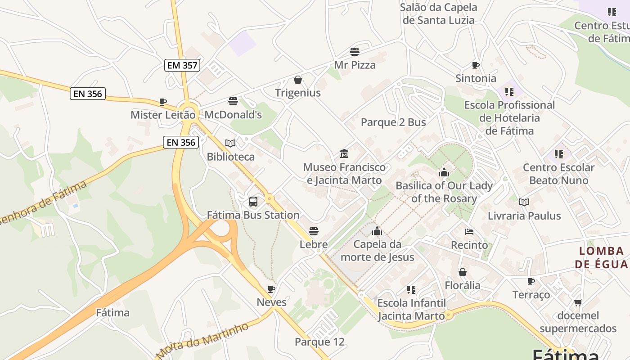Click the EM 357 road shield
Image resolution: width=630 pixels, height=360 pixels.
[182, 65]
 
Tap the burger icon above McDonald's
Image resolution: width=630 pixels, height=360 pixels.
[233, 101]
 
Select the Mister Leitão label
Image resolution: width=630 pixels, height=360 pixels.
[163, 115]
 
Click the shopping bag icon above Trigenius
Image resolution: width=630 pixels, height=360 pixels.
[297, 80]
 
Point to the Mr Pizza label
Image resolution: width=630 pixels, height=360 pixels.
[355, 65]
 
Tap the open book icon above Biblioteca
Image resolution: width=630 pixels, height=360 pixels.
[230, 143]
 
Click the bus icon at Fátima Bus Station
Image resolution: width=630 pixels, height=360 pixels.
[253, 201]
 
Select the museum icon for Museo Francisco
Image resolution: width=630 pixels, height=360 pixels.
[344, 154]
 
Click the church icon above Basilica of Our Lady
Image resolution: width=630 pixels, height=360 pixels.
[444, 172]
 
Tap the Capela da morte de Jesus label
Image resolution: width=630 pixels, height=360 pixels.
[377, 251]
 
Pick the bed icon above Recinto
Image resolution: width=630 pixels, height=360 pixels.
[469, 232]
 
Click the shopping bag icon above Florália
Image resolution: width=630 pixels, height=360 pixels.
[462, 272]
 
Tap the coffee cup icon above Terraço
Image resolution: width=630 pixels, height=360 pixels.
[531, 282]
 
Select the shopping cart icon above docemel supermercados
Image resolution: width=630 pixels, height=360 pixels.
[578, 302]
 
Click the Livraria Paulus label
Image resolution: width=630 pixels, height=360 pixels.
[524, 216]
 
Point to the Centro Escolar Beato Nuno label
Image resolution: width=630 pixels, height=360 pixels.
[558, 174]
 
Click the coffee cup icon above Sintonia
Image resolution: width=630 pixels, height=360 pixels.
[476, 65]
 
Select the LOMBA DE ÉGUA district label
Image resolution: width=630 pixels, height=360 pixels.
[601, 257]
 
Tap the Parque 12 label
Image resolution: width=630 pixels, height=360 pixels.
[319, 342]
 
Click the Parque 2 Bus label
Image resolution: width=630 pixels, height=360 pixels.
[393, 122]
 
